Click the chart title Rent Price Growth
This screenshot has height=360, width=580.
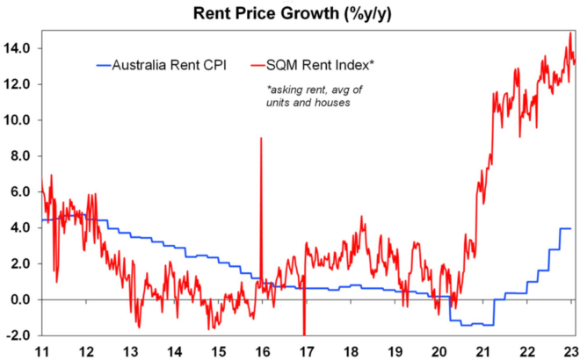click(x=290, y=12)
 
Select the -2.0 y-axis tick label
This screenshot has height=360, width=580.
click(x=20, y=335)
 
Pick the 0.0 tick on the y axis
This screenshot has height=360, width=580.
click(x=21, y=299)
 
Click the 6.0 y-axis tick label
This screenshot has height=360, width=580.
click(x=21, y=192)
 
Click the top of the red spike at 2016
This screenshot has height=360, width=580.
click(x=260, y=138)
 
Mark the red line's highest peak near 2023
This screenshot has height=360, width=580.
click(x=569, y=33)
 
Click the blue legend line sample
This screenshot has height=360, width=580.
click(x=103, y=63)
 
